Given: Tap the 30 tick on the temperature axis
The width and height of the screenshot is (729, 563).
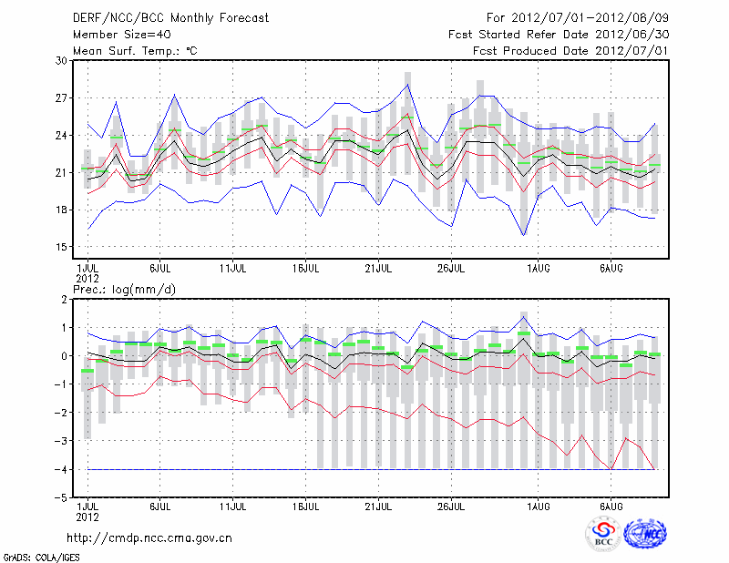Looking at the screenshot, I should click(x=62, y=61).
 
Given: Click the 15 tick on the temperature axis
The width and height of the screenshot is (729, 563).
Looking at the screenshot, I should click(x=62, y=247).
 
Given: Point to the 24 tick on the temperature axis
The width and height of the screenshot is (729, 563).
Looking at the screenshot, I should click(x=62, y=136).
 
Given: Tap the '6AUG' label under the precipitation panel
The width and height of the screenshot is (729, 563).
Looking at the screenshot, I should click(x=611, y=506).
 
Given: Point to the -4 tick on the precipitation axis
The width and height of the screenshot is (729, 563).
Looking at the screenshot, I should click(x=61, y=469).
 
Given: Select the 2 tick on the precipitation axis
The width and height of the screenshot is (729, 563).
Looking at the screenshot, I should click(x=64, y=299).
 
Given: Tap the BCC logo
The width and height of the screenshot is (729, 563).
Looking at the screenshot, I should click(x=603, y=534).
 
